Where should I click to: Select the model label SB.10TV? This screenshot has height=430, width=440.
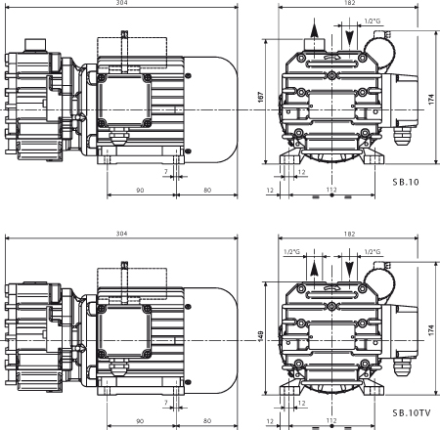click(410, 414)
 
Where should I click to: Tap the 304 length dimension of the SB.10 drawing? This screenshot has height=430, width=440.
click(121, 4)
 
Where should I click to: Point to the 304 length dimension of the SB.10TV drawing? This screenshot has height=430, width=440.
click(121, 235)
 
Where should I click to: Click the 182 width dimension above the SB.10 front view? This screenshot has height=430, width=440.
click(349, 4)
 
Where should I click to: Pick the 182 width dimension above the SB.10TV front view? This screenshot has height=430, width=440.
click(349, 235)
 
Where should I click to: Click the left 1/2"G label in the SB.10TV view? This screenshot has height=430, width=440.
click(290, 251)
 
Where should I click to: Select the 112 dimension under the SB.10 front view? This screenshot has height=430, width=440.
click(331, 190)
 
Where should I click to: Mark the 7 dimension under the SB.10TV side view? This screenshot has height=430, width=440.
click(166, 402)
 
